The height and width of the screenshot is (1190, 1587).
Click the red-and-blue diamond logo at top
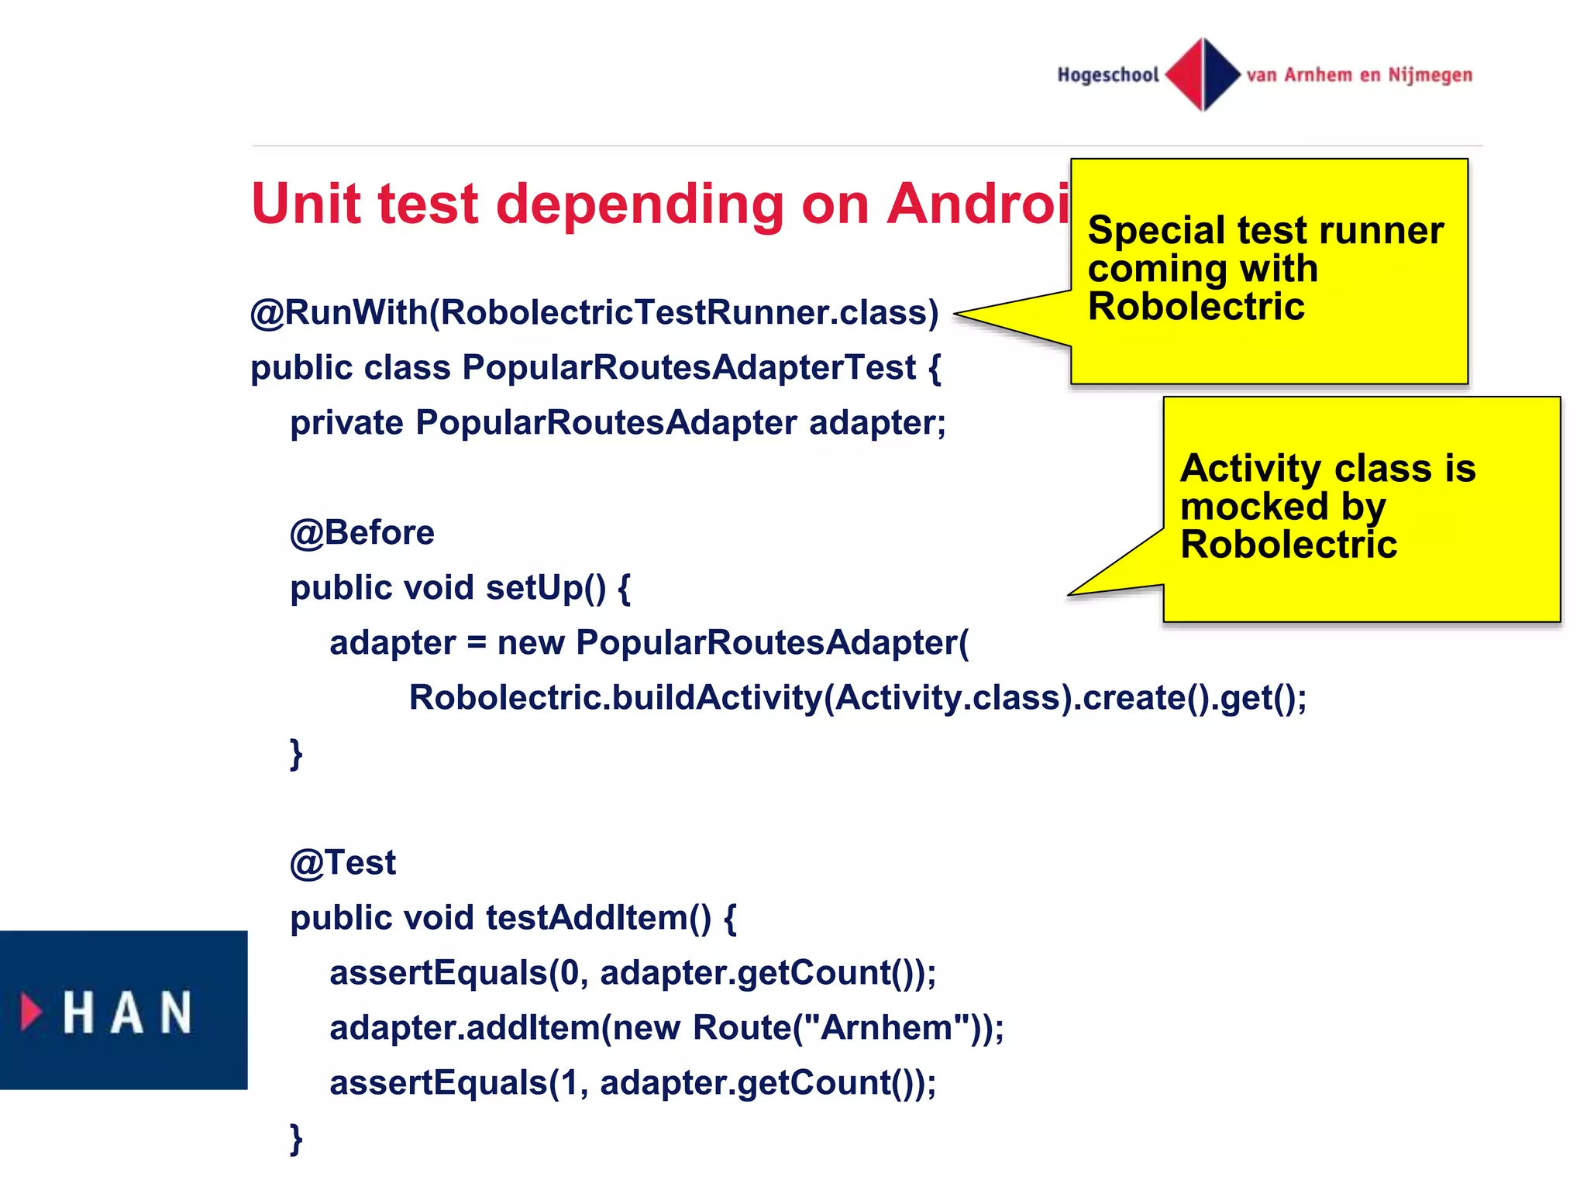click(x=1203, y=74)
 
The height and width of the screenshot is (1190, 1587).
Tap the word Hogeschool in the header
click(x=1107, y=75)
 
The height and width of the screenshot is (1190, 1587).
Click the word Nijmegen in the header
click(x=1430, y=75)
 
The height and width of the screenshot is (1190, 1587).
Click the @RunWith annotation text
click(x=339, y=313)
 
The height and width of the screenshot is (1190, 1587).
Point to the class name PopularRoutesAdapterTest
click(x=689, y=367)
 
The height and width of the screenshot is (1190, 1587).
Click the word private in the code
click(x=346, y=423)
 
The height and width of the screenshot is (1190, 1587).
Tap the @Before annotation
click(x=362, y=533)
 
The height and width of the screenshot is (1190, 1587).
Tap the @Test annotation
click(x=343, y=863)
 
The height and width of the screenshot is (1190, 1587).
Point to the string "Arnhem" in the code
click(x=886, y=1028)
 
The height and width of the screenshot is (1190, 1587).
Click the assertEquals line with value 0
click(x=632, y=973)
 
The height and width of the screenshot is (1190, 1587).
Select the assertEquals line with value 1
click(x=632, y=1083)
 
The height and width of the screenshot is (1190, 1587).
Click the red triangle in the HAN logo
click(x=31, y=1011)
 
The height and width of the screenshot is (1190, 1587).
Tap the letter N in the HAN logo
click(x=176, y=1012)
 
